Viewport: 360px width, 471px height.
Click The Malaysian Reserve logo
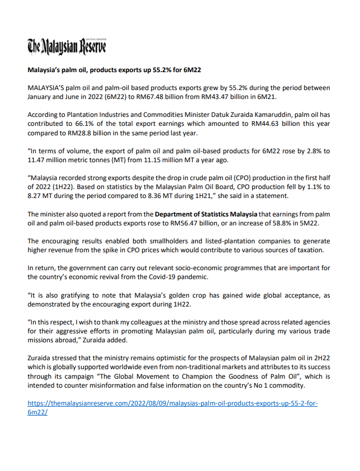(67, 46)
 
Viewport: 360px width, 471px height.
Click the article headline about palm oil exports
(115, 71)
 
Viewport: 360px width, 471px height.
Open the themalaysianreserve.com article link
(173, 403)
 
